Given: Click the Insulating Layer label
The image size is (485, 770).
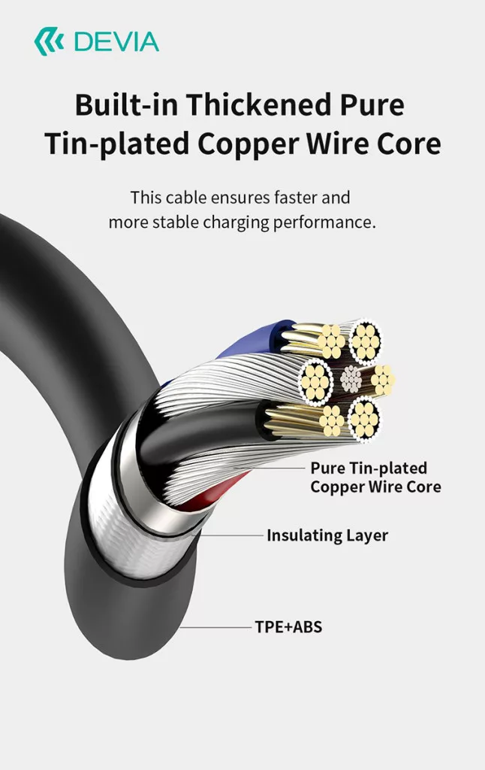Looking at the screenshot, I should (x=327, y=535).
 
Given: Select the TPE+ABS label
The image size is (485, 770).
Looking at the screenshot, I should (x=288, y=626).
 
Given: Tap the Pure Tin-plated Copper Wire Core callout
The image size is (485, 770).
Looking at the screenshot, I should (x=375, y=477).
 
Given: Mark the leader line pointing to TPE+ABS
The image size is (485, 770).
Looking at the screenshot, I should (x=218, y=626).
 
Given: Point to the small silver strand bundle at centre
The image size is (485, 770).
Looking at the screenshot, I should (x=351, y=379).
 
